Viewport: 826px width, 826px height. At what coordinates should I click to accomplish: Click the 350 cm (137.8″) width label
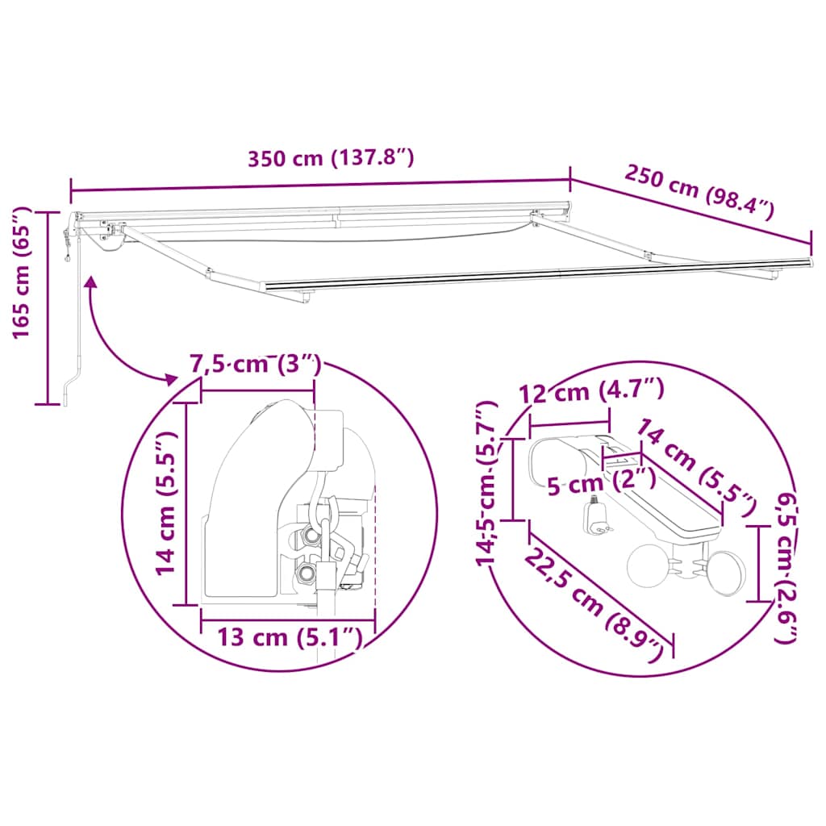331,158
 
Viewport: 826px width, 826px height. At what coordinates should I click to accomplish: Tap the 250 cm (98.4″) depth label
699,192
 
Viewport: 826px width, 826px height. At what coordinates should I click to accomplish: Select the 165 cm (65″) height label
22,273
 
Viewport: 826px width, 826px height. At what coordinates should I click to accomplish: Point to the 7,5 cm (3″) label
256,365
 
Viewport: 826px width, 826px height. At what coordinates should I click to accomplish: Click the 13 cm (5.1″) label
290,637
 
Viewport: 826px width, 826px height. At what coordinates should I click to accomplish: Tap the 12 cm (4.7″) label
591,391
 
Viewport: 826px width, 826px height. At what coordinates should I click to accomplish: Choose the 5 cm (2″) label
602,482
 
